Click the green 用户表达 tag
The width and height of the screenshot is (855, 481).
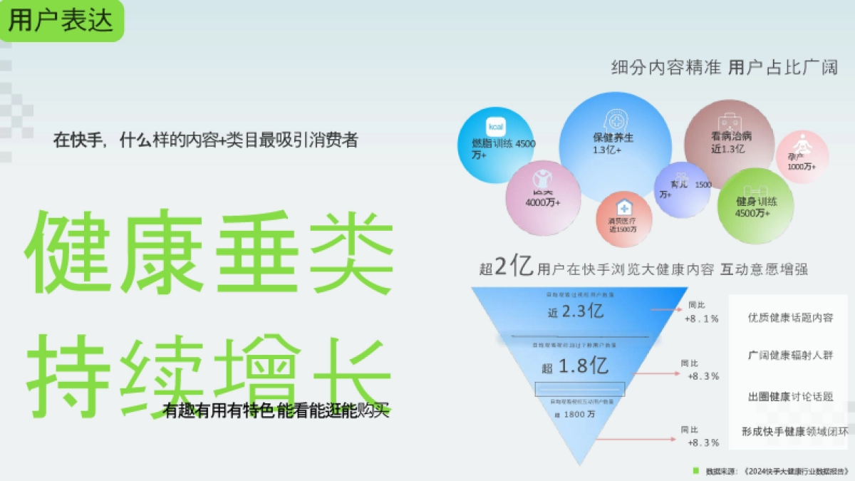click(x=61, y=21)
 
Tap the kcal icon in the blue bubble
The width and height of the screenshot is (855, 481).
click(x=495, y=126)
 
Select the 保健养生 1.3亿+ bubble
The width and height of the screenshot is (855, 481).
click(x=613, y=145)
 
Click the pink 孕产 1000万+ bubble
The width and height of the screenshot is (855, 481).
click(x=802, y=158)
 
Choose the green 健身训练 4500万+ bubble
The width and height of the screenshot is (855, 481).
click(x=755, y=207)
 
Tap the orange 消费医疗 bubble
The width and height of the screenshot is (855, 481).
click(x=624, y=217)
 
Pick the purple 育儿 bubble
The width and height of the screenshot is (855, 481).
click(x=681, y=189)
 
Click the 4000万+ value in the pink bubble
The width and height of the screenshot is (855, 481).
click(x=543, y=202)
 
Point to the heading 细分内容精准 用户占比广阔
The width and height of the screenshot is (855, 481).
click(x=724, y=68)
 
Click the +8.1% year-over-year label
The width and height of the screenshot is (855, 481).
click(x=701, y=319)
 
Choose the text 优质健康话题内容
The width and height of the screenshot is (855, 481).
click(x=790, y=318)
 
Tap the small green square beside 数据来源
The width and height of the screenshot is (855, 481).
click(x=696, y=470)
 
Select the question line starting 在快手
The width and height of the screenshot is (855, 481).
click(x=205, y=140)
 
